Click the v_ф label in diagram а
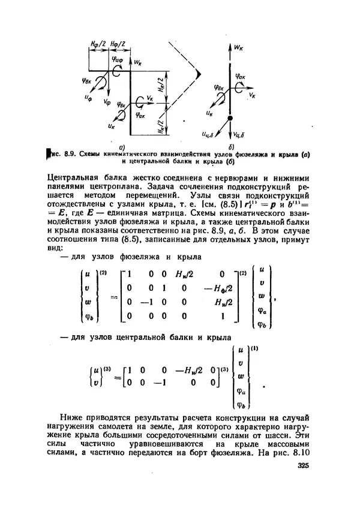pyautogui.click(x=106, y=104)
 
